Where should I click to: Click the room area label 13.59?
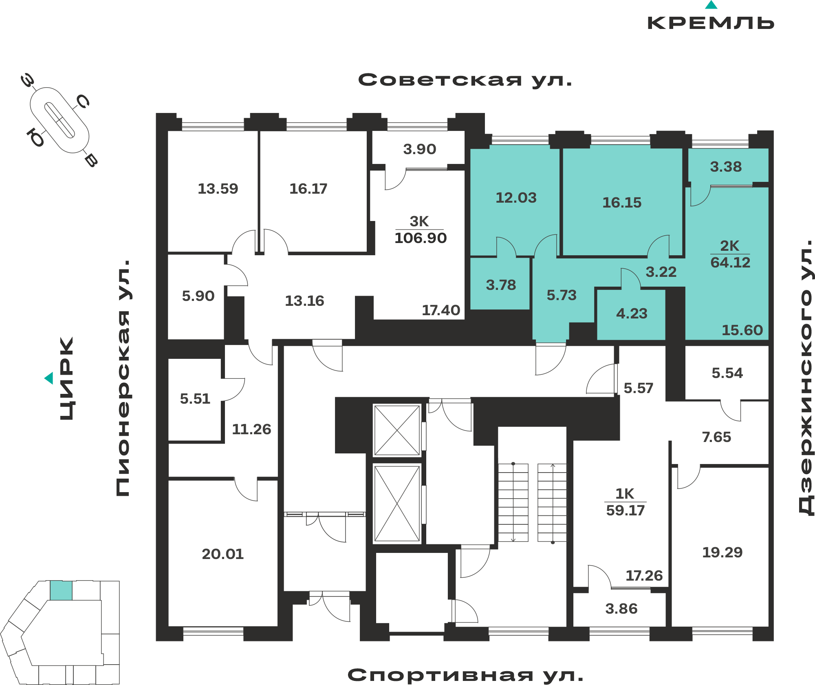(x=218, y=189)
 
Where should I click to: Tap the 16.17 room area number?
(x=308, y=189)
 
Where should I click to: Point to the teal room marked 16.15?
(x=622, y=202)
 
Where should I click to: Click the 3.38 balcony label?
(x=726, y=167)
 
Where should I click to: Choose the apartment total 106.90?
(x=421, y=238)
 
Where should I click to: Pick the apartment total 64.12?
(x=730, y=263)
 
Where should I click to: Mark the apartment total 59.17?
(x=626, y=510)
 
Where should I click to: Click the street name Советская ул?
(x=465, y=80)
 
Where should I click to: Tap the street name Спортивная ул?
(x=465, y=675)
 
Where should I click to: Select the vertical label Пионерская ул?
(x=123, y=378)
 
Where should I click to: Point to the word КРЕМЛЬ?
(x=711, y=23)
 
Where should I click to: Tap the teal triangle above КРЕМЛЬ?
(x=711, y=5)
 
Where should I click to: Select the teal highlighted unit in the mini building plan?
(x=61, y=590)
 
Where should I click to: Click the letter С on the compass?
(x=83, y=102)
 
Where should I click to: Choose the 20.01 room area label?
(x=222, y=554)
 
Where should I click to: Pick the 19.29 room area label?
(x=722, y=552)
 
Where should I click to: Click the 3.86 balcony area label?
(x=621, y=609)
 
